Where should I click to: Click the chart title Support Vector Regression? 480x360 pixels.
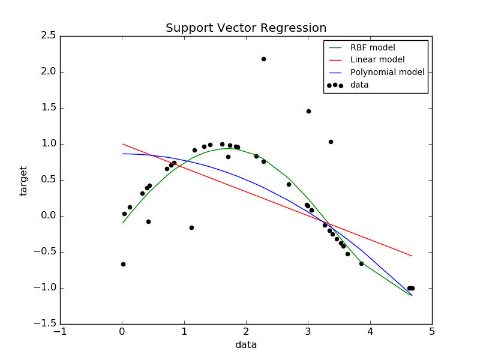[x=246, y=28]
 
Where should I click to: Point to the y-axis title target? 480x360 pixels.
[x=24, y=181]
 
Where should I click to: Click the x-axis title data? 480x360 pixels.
[x=246, y=345]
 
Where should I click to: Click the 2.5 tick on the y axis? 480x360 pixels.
[x=49, y=36]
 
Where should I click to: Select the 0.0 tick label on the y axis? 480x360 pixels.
[x=49, y=216]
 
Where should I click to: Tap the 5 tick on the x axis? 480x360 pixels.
[x=432, y=332]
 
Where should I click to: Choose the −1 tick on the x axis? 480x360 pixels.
[x=60, y=332]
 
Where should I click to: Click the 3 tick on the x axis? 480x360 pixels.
[x=308, y=332]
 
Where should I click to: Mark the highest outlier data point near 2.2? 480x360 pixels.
[x=263, y=59]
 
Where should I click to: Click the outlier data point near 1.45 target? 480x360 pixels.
[x=308, y=111]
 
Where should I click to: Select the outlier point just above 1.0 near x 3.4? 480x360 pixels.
[x=331, y=142]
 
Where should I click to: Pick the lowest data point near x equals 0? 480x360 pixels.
[x=123, y=264]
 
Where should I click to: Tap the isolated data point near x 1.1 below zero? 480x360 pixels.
[x=191, y=227]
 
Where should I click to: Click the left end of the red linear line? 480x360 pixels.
[x=122, y=144]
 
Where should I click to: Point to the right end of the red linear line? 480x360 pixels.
[x=412, y=256]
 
